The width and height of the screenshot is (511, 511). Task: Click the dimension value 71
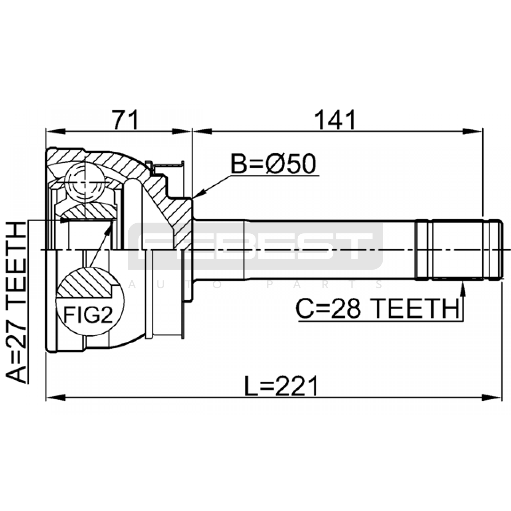point(126,120)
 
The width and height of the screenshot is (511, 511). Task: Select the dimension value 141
point(335,120)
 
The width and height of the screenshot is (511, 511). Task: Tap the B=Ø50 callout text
point(273,164)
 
